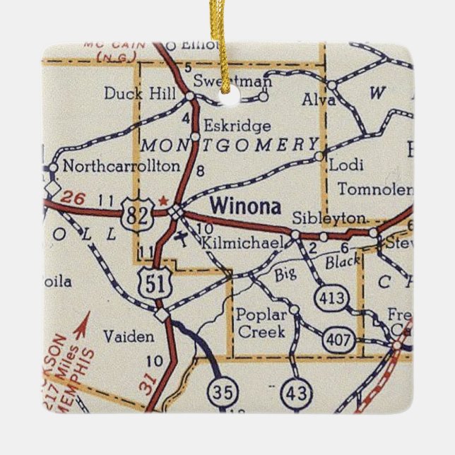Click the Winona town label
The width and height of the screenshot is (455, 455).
(245, 207)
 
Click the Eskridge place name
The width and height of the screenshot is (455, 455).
(237, 126)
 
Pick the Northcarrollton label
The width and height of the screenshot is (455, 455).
(121, 167)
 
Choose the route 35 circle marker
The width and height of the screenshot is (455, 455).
(221, 391)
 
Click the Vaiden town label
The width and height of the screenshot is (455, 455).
(127, 337)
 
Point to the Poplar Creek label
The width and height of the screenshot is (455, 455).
(261, 323)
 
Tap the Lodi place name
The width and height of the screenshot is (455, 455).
(346, 165)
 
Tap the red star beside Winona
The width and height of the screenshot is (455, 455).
(164, 201)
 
